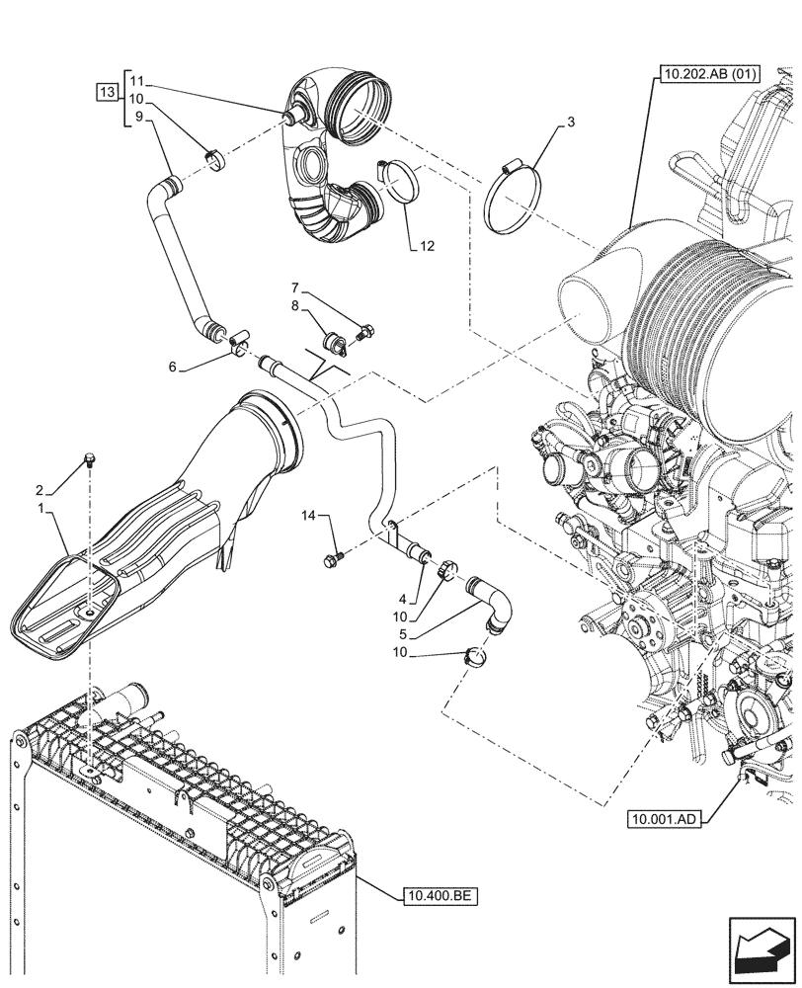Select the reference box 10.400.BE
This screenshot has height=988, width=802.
[440, 897]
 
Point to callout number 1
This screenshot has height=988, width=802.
[40, 508]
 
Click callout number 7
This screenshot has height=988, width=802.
[294, 288]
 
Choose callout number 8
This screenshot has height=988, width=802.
[294, 307]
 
